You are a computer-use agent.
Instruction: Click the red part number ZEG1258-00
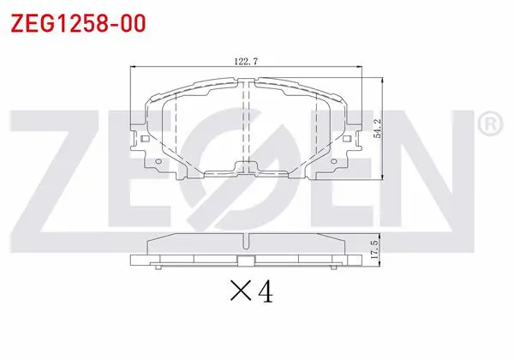tap(78, 24)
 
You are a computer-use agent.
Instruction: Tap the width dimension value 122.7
tap(246, 62)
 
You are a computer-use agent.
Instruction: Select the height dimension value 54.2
tap(378, 129)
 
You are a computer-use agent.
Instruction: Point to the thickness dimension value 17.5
tap(374, 249)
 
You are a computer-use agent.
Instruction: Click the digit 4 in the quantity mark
tap(266, 291)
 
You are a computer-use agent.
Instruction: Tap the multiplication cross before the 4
tap(241, 291)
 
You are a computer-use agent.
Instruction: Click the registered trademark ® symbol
tap(490, 124)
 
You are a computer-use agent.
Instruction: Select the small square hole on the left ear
tap(146, 139)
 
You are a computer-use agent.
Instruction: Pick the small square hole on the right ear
tap(347, 139)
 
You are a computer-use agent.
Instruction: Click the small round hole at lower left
tap(158, 161)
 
